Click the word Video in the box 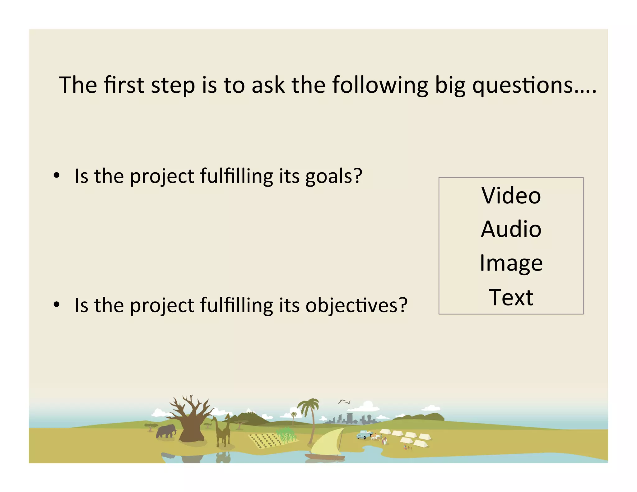point(511,196)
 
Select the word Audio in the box point(511,229)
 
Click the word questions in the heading point(523,85)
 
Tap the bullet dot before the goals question point(56,176)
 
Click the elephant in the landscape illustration point(166,431)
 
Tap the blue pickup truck point(364,434)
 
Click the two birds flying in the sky point(344,402)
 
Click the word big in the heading point(450,85)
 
